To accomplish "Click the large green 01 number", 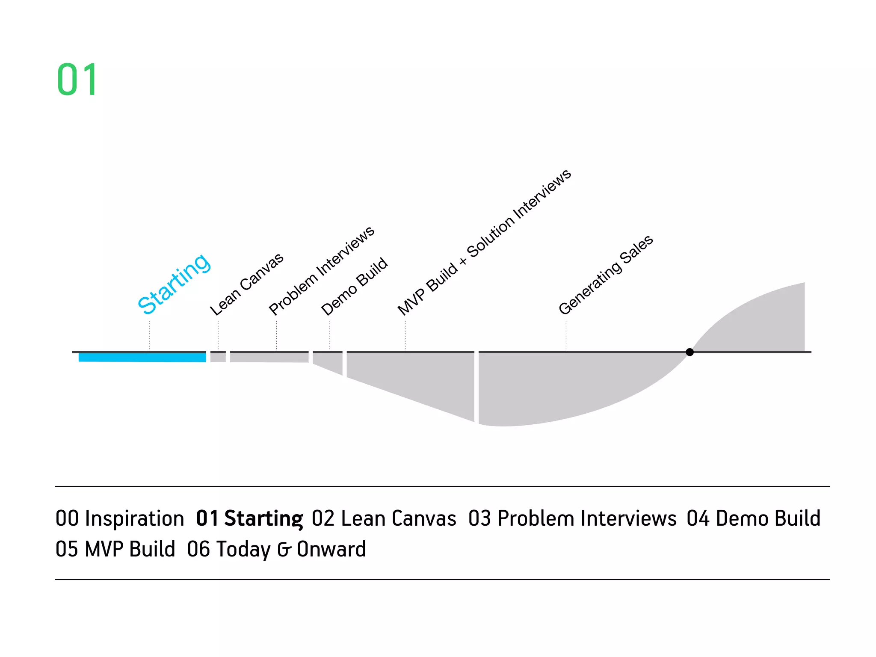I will [x=77, y=80].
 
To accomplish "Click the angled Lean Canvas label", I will [x=247, y=284].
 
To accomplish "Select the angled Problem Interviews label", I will [x=322, y=271].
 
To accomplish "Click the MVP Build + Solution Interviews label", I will [x=484, y=242].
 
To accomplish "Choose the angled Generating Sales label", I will [x=606, y=274].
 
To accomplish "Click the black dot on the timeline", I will [x=690, y=352].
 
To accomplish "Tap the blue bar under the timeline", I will [x=142, y=357].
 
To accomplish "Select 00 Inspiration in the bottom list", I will [x=120, y=518].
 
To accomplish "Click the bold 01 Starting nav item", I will [x=249, y=518].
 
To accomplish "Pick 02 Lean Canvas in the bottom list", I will [x=384, y=518].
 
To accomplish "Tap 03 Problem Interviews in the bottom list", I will [x=572, y=518].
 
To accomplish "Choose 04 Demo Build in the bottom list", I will [x=753, y=518].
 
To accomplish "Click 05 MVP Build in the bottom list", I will [x=115, y=549].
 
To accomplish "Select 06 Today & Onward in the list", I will [x=276, y=549].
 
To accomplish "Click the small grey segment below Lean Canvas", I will [x=218, y=357].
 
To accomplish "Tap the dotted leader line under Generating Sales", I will [x=566, y=336].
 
